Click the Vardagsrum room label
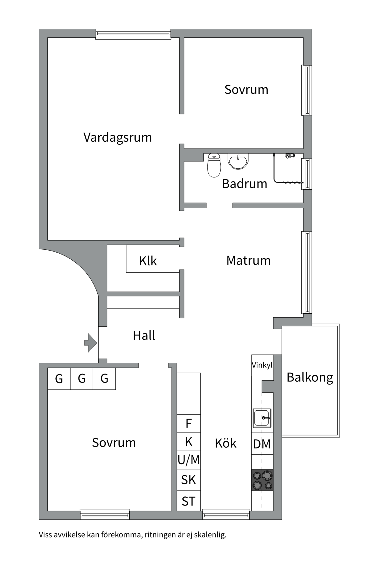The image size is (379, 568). pyautogui.click(x=118, y=138)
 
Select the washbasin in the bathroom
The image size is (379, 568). pyautogui.click(x=238, y=161)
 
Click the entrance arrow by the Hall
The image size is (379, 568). pyautogui.click(x=91, y=343)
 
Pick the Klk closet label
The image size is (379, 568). pyautogui.click(x=148, y=261)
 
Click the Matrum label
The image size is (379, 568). pyautogui.click(x=248, y=261)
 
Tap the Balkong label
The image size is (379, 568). pyautogui.click(x=310, y=377)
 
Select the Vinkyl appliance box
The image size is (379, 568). pyautogui.click(x=262, y=365)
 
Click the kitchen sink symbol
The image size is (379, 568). pyautogui.click(x=262, y=418)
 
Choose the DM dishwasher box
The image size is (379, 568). pyautogui.click(x=262, y=444)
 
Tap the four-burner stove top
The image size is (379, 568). pyautogui.click(x=262, y=480)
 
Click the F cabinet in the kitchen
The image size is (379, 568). pyautogui.click(x=189, y=424)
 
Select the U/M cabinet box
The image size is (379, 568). pyautogui.click(x=189, y=460)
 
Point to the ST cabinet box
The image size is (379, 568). pyautogui.click(x=189, y=501)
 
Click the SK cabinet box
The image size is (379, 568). pyautogui.click(x=189, y=480)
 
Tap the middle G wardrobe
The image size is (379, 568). pyautogui.click(x=82, y=379)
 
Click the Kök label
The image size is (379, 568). pyautogui.click(x=226, y=443)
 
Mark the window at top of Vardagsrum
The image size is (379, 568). pyautogui.click(x=133, y=34)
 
